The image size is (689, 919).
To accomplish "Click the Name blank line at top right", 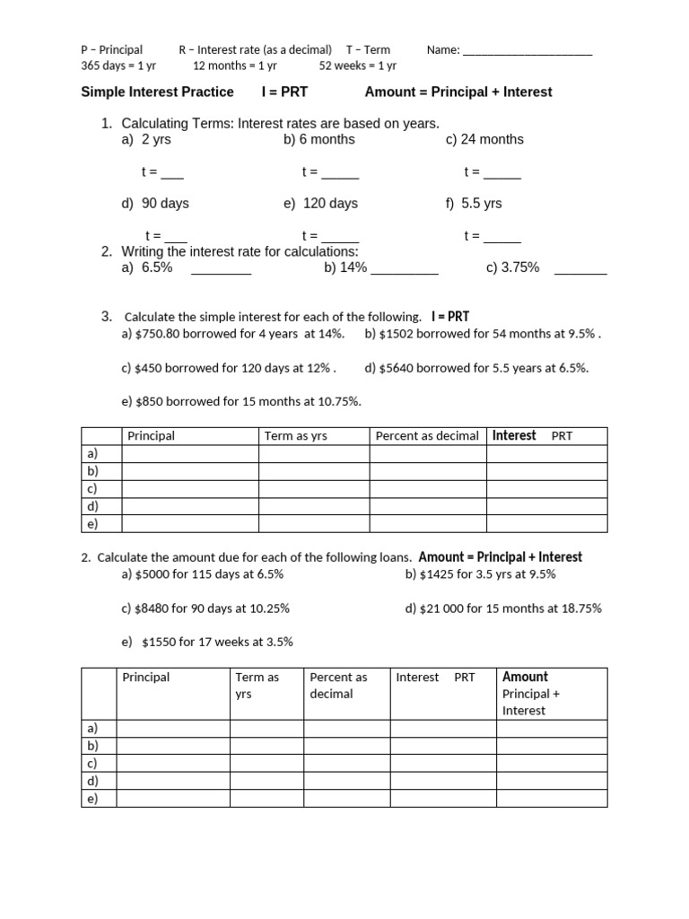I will pos(528,51).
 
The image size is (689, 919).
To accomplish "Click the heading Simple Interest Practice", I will pos(157,92).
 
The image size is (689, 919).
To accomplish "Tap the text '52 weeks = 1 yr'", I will pos(357,66).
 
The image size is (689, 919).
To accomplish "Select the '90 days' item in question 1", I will pos(165,204).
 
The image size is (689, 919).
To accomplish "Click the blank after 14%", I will pos(404,270).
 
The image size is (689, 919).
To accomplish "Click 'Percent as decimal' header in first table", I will pos(427,436).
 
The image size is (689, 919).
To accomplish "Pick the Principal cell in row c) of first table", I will pos(190,489).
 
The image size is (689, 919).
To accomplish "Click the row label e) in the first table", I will pos(92,524).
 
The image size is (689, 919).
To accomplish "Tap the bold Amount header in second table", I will pos(525,677).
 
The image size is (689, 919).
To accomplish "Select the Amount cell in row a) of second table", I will pos(551,728).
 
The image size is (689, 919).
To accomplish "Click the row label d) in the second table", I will pos(92,781).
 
